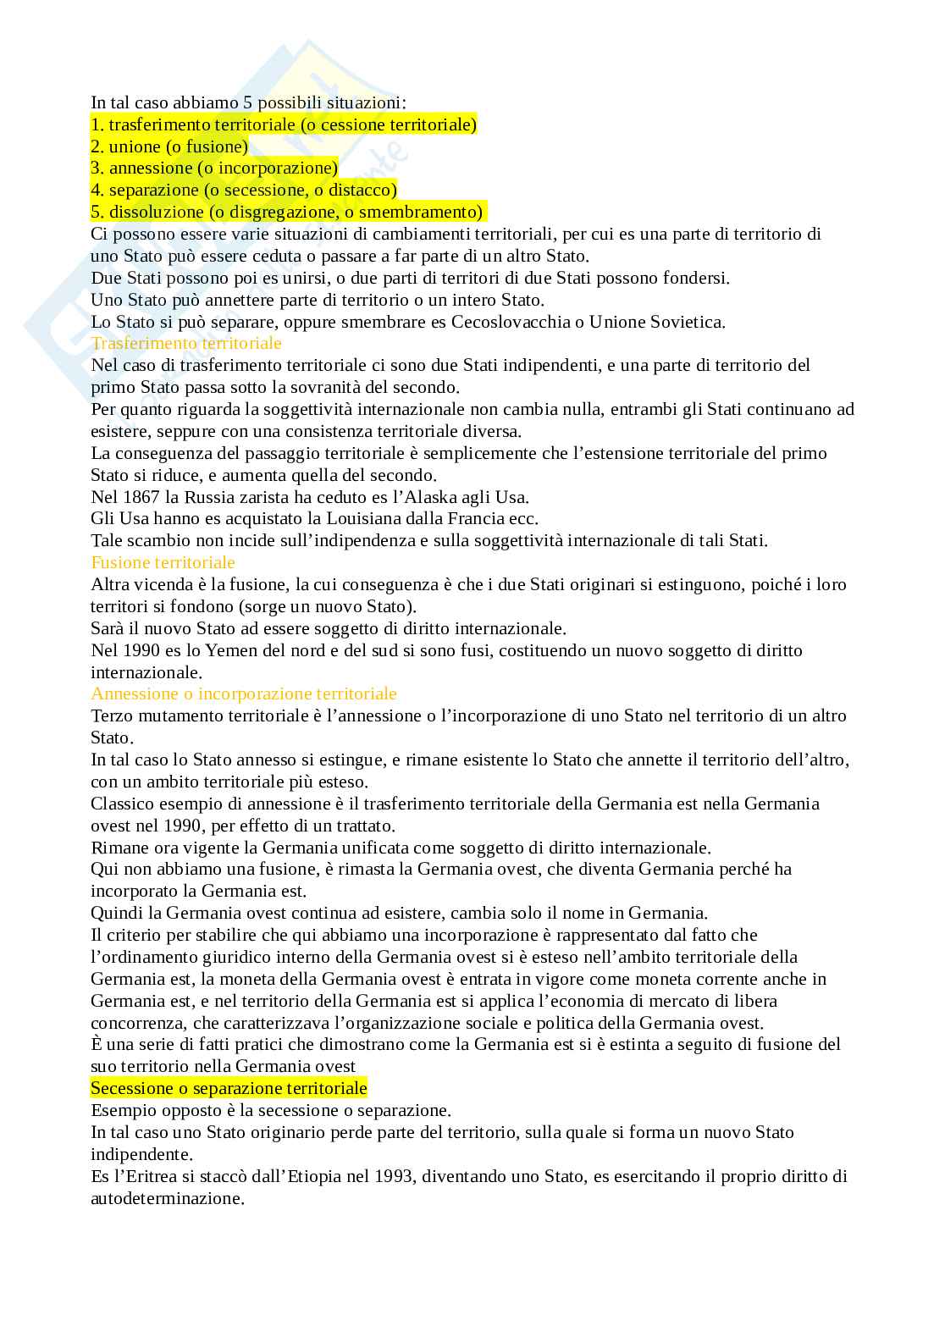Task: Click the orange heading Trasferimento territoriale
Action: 186,344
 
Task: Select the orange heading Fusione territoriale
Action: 163,563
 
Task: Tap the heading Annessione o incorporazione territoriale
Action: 244,694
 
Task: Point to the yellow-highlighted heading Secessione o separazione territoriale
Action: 229,1088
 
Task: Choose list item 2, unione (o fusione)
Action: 169,146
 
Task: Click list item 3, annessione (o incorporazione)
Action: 214,169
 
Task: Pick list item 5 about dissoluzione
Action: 287,213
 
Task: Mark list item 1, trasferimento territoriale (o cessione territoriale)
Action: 284,125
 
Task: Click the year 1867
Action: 140,497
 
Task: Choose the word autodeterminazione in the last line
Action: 167,1198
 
